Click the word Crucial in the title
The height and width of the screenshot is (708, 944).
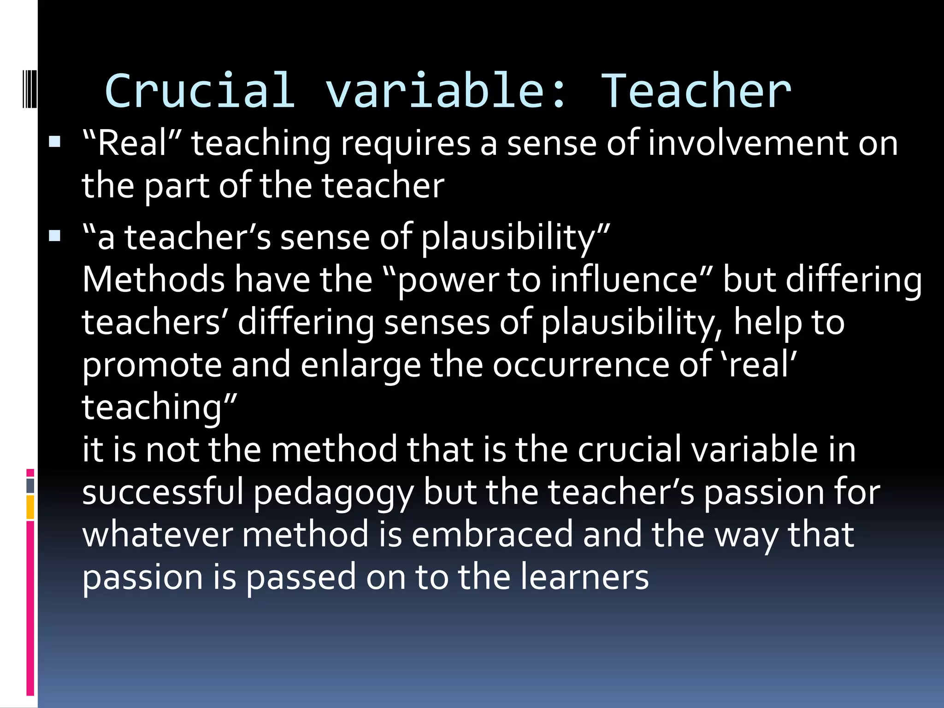tap(199, 91)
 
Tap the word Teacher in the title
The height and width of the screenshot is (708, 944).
tap(696, 91)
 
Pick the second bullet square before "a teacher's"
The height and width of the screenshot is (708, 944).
tap(55, 236)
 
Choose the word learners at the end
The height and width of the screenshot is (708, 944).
tap(584, 577)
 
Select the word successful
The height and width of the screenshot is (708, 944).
tap(162, 492)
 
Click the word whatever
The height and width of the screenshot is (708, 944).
tap(157, 535)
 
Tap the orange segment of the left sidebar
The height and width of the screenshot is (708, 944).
tap(30, 507)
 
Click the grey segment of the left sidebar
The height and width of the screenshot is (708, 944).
tap(30, 486)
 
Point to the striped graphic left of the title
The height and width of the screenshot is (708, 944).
tap(29, 88)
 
